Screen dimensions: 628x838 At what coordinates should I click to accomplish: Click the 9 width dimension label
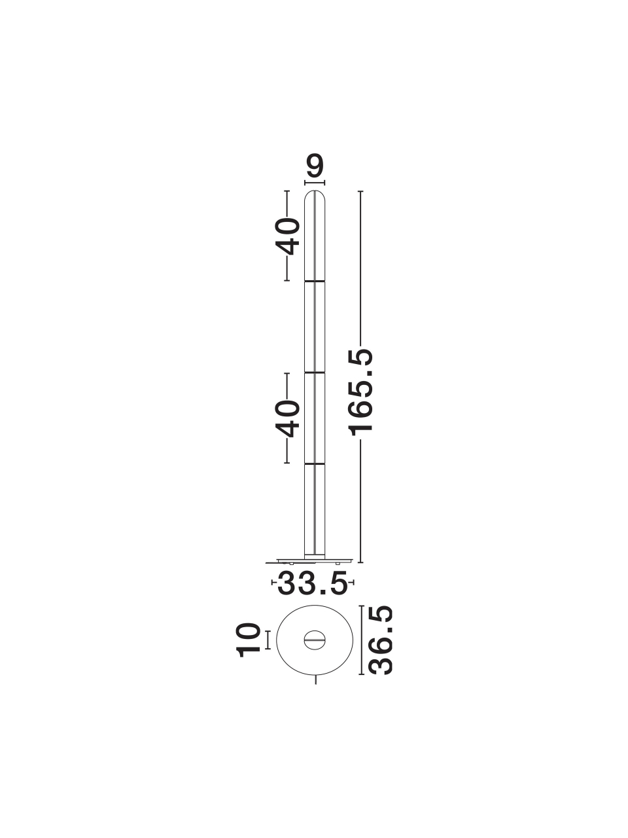[315, 166]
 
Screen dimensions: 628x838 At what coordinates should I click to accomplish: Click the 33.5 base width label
[313, 594]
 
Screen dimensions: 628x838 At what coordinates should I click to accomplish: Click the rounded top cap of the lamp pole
[315, 196]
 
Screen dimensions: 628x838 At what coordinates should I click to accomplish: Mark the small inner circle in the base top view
[315, 640]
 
